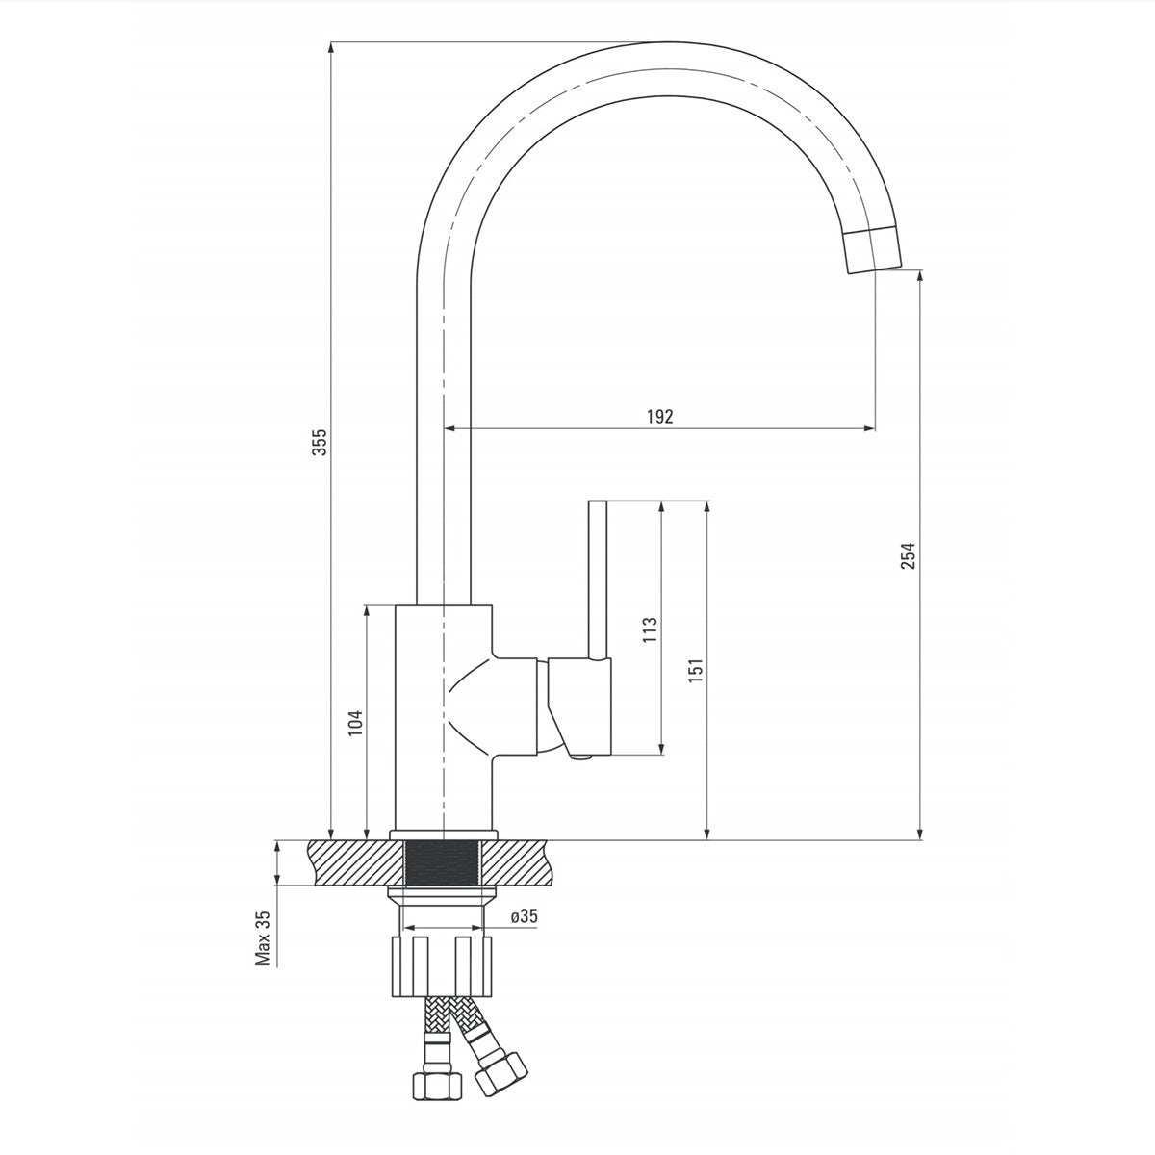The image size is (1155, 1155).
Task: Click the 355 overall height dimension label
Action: pos(321,442)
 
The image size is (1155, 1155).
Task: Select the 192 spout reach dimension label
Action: pos(659,416)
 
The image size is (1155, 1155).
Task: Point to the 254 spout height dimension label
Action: pos(908,556)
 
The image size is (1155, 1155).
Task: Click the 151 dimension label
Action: pos(696,671)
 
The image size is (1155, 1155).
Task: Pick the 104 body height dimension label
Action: pos(354,723)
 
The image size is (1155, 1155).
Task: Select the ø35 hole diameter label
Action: pos(523,916)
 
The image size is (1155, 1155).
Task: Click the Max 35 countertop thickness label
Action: pos(262,938)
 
